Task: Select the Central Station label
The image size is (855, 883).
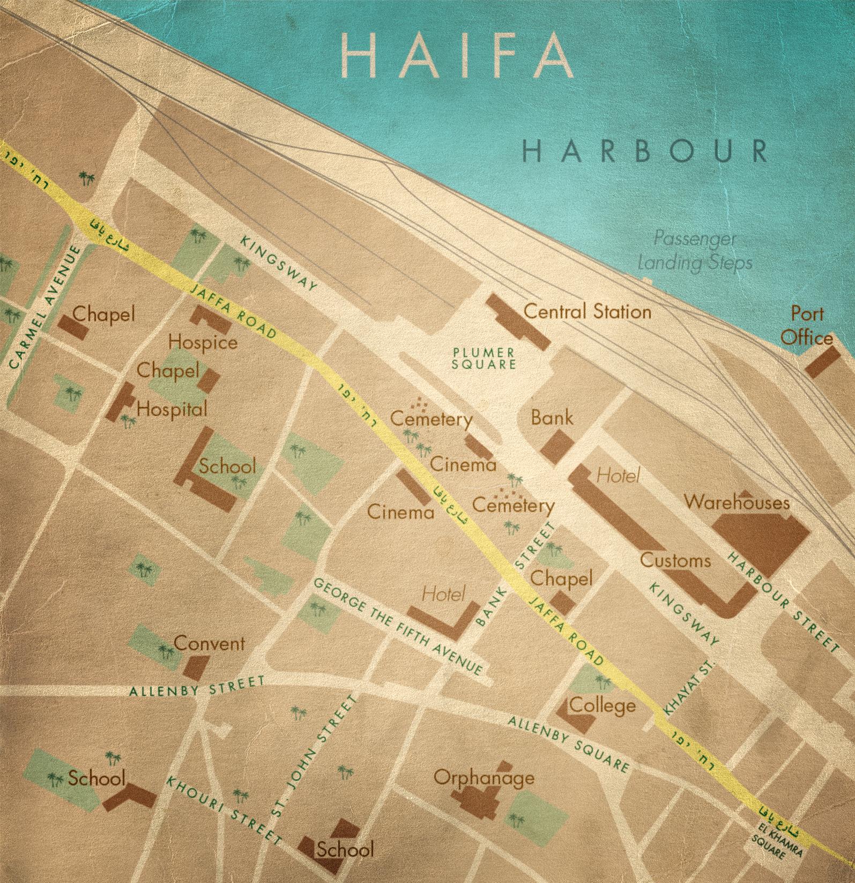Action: click(587, 311)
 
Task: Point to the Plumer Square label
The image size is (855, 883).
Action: click(484, 358)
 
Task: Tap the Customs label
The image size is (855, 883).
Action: click(675, 561)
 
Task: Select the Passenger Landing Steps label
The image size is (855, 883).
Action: click(695, 251)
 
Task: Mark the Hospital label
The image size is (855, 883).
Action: click(172, 410)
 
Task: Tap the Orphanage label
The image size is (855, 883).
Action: click(484, 777)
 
